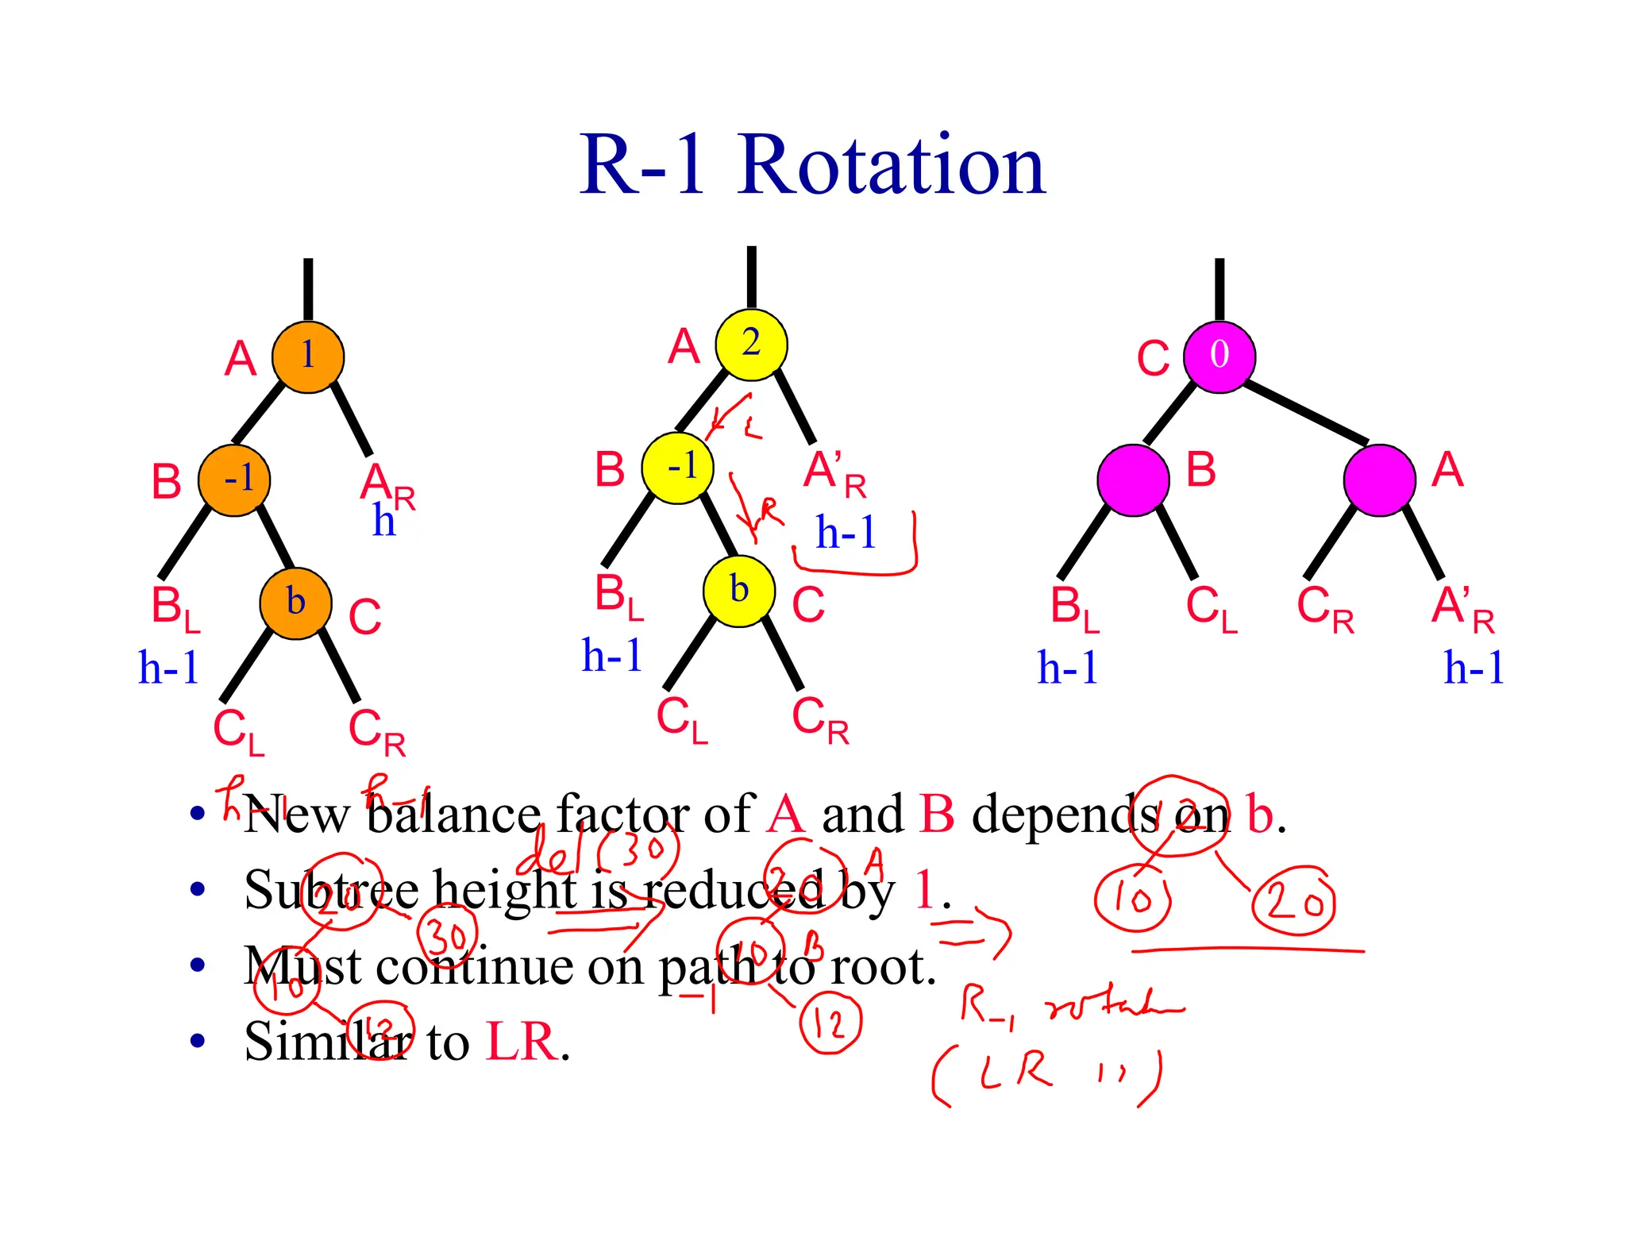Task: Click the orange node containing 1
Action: coord(308,357)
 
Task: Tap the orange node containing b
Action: coord(295,603)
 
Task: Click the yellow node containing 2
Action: coord(751,345)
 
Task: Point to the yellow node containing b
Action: coord(739,591)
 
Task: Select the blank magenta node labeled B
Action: coord(1133,480)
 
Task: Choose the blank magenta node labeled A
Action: coord(1379,480)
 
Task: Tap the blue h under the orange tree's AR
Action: coord(383,522)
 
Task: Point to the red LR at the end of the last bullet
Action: coord(521,1041)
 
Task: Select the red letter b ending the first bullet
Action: coord(1260,815)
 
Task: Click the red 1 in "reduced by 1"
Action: coord(924,890)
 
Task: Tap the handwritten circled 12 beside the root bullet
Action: coord(830,1023)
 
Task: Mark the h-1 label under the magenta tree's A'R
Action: coord(1474,668)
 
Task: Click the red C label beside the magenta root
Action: coord(1153,359)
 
